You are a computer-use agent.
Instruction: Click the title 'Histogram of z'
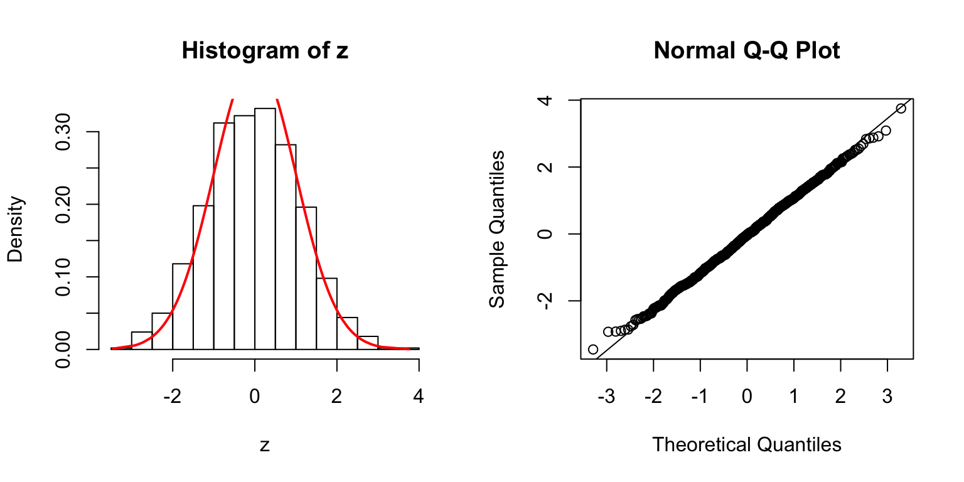(264, 51)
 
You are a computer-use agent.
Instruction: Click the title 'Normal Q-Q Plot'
(746, 51)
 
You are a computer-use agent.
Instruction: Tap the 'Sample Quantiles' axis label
(497, 229)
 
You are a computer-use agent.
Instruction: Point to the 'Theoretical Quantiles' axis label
(746, 444)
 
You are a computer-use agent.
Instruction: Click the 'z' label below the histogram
(265, 446)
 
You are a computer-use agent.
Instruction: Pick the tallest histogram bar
(265, 228)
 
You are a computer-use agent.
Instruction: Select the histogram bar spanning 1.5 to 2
(326, 313)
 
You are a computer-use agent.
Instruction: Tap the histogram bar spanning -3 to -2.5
(141, 340)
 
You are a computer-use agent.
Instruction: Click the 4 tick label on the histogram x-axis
(419, 397)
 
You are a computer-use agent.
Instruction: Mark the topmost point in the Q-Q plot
(901, 109)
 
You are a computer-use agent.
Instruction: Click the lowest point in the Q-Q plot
(593, 349)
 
